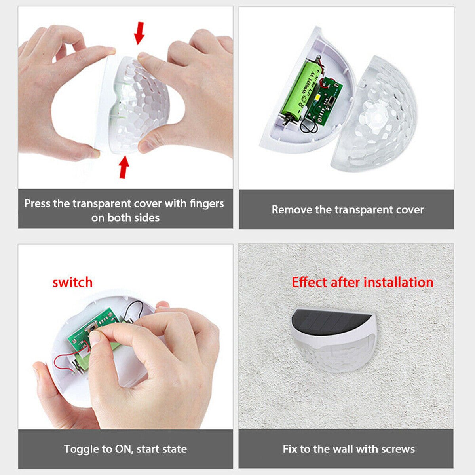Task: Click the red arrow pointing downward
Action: [139, 33]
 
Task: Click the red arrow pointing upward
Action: [124, 167]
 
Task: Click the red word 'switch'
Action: [72, 283]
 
